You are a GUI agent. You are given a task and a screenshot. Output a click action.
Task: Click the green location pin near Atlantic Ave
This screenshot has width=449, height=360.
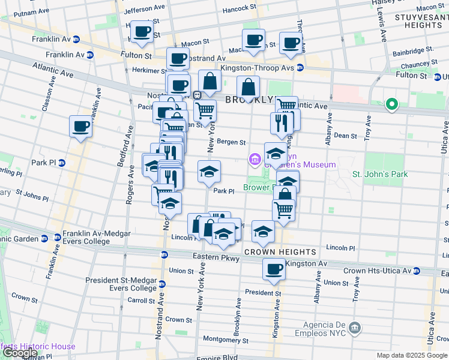click(392, 105)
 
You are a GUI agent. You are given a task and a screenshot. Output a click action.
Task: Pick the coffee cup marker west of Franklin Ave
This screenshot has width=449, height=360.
click(80, 127)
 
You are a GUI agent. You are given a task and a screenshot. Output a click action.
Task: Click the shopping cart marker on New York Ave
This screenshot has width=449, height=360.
click(205, 110)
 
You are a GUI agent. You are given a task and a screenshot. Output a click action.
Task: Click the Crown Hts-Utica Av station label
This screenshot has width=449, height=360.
click(378, 271)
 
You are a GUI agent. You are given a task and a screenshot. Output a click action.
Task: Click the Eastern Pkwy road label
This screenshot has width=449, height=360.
click(216, 259)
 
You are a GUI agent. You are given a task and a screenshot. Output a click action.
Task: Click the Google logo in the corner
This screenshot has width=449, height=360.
click(20, 353)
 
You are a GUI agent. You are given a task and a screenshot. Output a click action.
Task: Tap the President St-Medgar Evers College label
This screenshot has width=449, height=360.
click(121, 284)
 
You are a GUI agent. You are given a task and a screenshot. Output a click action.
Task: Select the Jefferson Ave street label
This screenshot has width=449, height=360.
click(143, 11)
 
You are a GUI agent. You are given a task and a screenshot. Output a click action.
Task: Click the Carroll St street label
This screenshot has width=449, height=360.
click(140, 300)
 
